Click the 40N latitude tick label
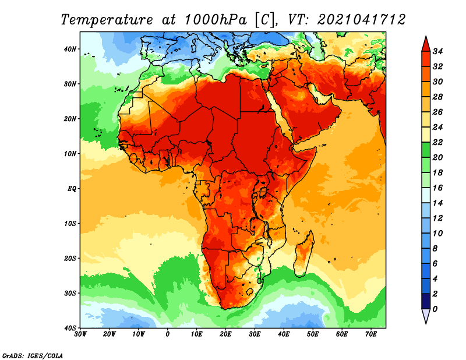(x=70, y=49)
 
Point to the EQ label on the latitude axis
(x=72, y=189)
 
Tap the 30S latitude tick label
(x=70, y=293)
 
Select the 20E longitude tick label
(x=225, y=334)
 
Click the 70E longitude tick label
(x=371, y=334)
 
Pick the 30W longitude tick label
(x=80, y=334)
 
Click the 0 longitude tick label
(x=168, y=334)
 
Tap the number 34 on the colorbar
(x=437, y=51)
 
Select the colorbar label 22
(x=437, y=142)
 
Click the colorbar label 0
(x=435, y=309)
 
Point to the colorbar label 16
(x=437, y=188)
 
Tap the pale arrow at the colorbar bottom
(x=426, y=316)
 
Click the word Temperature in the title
(x=107, y=20)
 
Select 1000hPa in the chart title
(x=216, y=20)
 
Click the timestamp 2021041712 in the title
(x=361, y=20)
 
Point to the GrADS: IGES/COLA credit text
(x=33, y=355)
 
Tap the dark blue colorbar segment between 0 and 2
(x=426, y=301)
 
